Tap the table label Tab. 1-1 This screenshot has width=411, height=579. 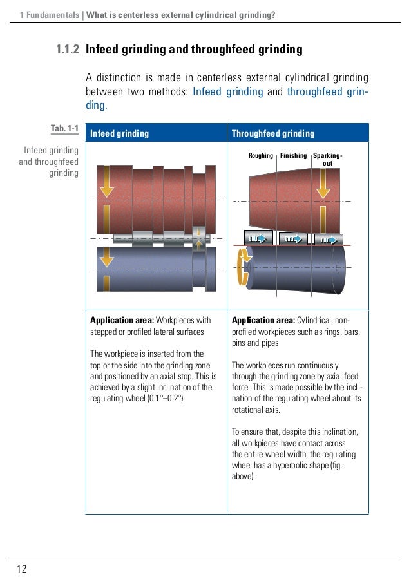[64, 129]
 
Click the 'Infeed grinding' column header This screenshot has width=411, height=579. [119, 134]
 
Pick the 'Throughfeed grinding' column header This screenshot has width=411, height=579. [273, 134]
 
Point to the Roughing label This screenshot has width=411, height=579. [261, 155]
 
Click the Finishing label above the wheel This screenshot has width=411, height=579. [293, 155]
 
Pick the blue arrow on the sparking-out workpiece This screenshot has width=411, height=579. [329, 240]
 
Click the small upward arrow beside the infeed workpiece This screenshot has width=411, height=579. [199, 243]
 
